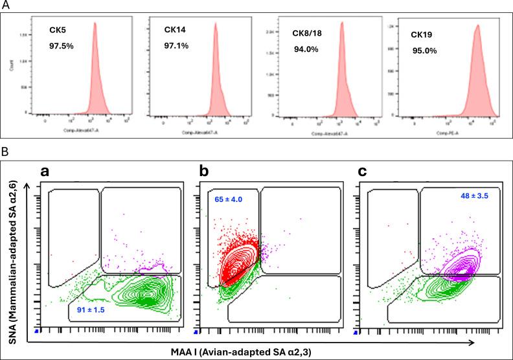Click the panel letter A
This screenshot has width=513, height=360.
pyautogui.click(x=6, y=6)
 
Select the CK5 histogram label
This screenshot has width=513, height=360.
pyautogui.click(x=57, y=30)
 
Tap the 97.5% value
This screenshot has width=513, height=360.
pyautogui.click(x=62, y=47)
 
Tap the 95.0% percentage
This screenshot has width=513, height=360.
pyautogui.click(x=424, y=49)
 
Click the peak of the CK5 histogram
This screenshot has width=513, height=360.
pyautogui.click(x=95, y=24)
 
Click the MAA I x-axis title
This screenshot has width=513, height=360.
pyautogui.click(x=266, y=351)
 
